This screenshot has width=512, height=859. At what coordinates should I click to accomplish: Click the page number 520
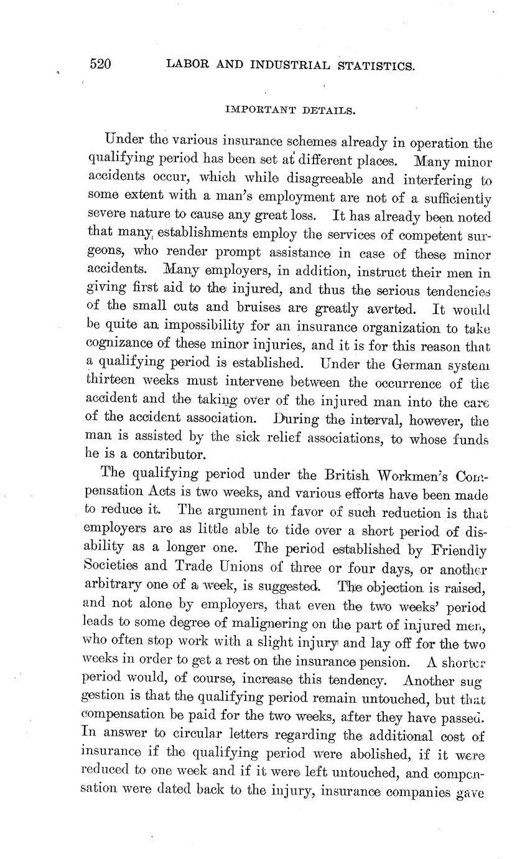tap(100, 64)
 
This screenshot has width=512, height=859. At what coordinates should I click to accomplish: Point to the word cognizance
tap(129, 345)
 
